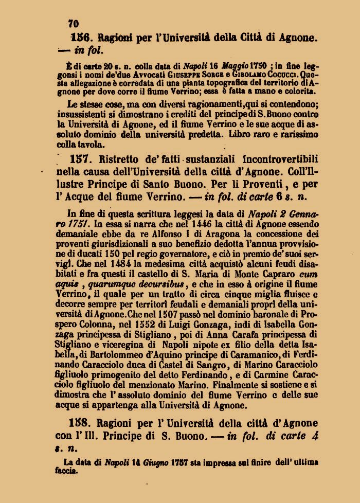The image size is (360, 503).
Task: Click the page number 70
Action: pos(73,24)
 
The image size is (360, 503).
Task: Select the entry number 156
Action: pos(81,38)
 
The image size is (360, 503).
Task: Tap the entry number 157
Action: pos(79,159)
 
